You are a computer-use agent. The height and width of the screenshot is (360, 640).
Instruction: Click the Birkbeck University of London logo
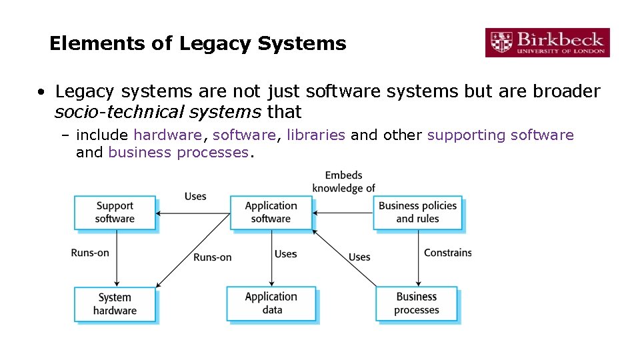pos(547,43)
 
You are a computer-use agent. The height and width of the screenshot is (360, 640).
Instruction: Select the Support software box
pos(115,213)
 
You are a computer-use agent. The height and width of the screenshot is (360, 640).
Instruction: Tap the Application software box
pos(271,213)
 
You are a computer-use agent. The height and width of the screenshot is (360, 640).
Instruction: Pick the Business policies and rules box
pos(417,213)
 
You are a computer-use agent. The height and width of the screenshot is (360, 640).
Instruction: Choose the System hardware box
pos(115,304)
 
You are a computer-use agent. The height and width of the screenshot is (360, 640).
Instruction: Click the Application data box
pos(271,304)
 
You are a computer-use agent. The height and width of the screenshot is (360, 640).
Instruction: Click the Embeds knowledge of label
pos(344,182)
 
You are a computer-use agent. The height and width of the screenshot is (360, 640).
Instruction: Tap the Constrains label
pos(448,253)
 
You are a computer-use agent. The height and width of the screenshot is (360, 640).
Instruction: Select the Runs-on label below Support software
pos(90,253)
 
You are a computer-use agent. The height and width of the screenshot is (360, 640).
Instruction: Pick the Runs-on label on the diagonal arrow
pos(213,257)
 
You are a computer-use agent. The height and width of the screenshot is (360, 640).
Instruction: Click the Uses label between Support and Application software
pos(195,196)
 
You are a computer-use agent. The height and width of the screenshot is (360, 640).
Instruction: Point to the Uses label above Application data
pos(285,254)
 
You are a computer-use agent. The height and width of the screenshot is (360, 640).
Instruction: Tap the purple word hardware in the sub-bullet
pos(167,135)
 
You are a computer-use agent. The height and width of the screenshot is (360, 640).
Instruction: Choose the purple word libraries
pos(315,135)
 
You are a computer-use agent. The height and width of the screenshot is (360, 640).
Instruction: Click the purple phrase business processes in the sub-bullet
pos(178,153)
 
